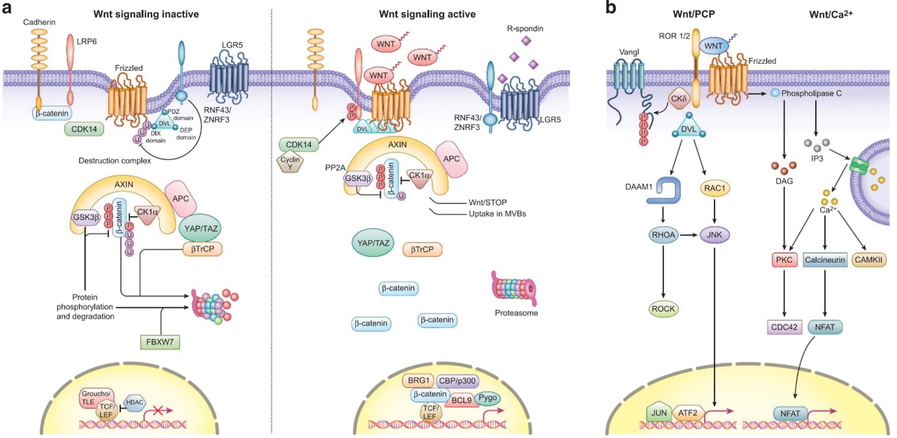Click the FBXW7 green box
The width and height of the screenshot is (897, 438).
[162, 342]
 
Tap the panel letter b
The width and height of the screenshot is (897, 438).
[611, 9]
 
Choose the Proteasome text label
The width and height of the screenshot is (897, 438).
[516, 313]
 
